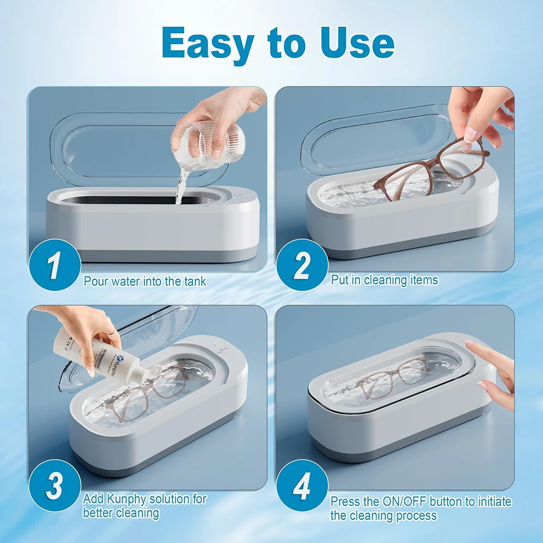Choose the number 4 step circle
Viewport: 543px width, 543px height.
click(x=302, y=487)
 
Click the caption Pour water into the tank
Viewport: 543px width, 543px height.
click(x=144, y=282)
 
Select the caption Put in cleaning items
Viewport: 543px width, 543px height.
click(x=384, y=280)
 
